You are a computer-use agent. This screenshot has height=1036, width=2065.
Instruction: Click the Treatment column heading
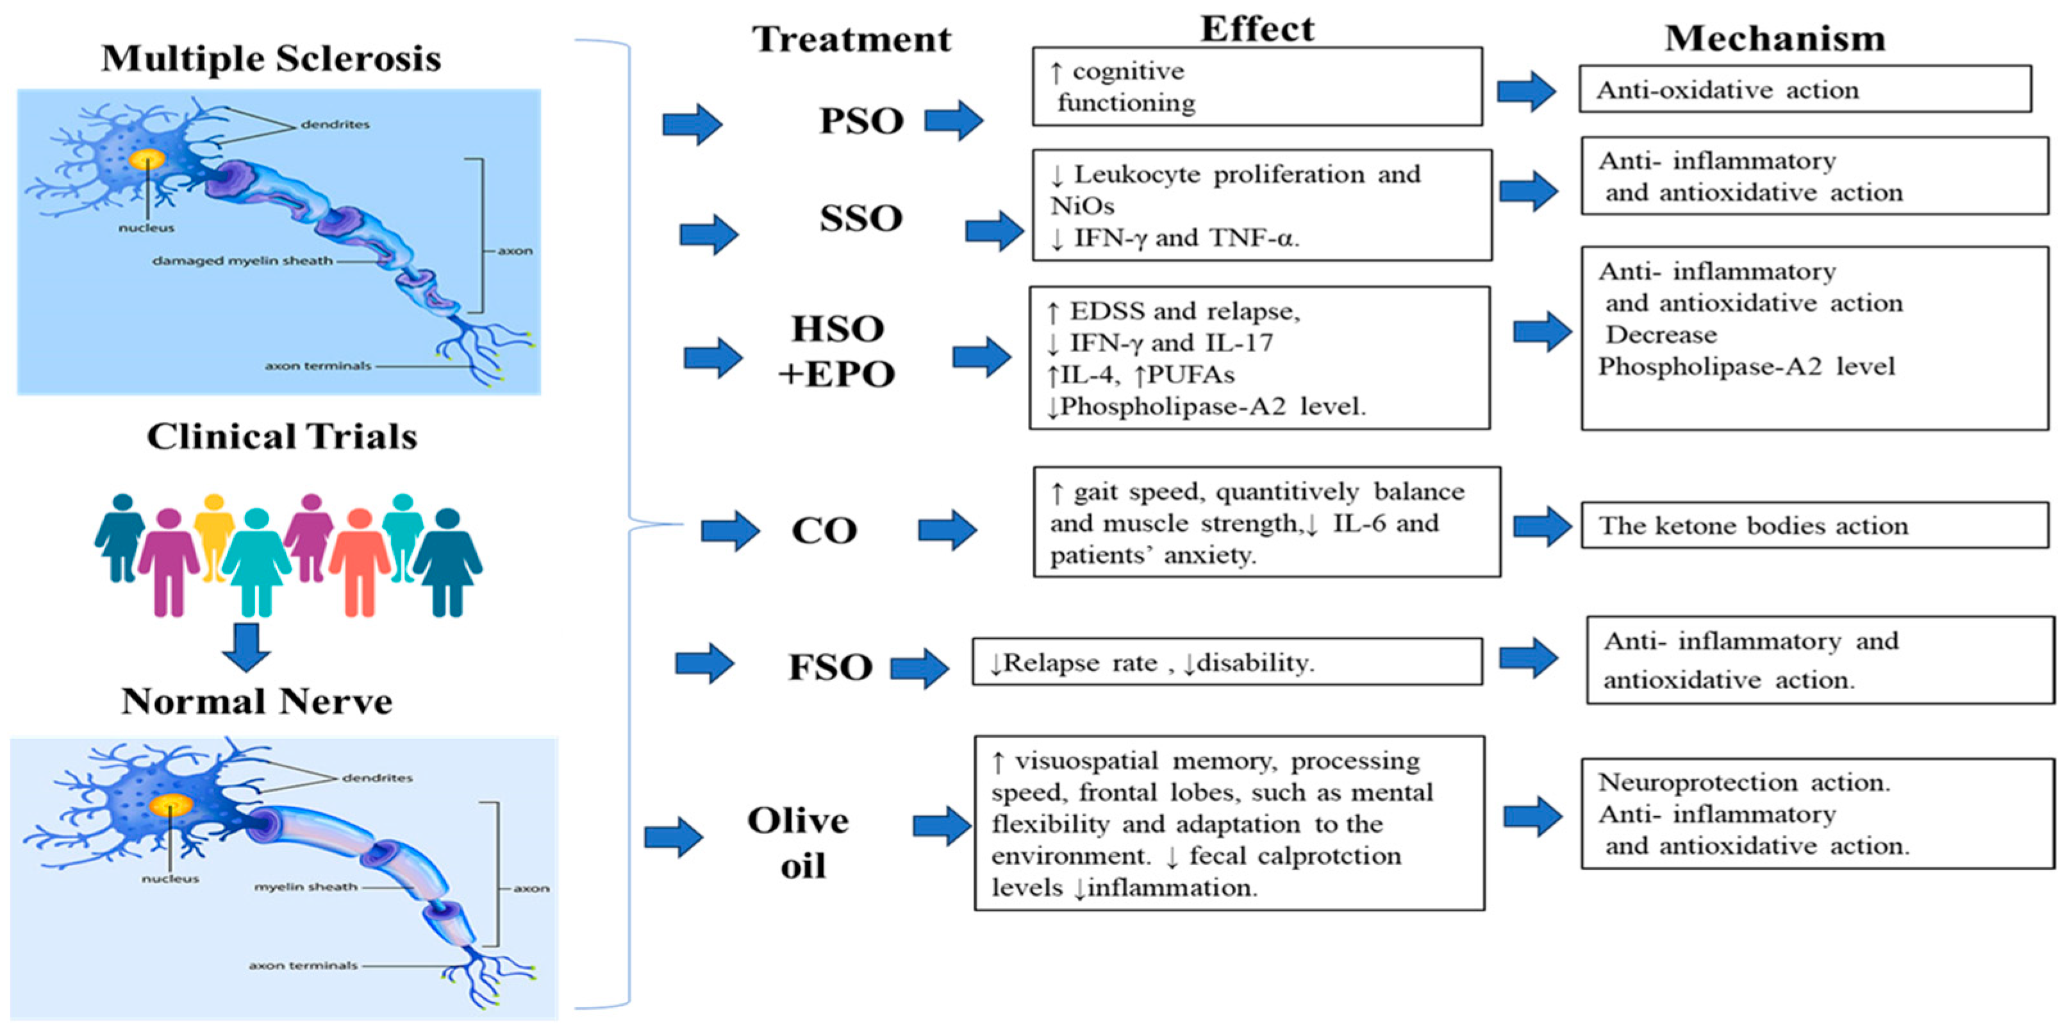pos(851,39)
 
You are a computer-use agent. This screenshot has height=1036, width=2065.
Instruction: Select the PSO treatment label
pos(861,121)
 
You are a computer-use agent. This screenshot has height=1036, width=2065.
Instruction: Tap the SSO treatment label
pos(861,218)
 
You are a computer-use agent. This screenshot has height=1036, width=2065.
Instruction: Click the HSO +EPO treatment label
pos(836,351)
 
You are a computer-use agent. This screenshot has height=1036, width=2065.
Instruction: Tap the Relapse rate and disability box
pos(1227,662)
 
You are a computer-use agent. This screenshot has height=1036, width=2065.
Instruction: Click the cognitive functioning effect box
pos(1256,87)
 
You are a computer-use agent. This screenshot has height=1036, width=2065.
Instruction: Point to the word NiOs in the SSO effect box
pos(1082,206)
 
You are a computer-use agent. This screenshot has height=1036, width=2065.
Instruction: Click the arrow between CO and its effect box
pos(947,530)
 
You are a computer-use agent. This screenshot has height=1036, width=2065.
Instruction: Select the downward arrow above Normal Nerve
pos(246,647)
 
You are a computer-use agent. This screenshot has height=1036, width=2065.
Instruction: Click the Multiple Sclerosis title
pos(271,58)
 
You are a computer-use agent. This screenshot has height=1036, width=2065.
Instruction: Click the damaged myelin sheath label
pos(242,261)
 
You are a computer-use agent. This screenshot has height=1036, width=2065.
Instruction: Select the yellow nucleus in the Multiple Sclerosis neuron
pos(147,160)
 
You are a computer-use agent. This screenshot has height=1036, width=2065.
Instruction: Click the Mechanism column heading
pos(1774,38)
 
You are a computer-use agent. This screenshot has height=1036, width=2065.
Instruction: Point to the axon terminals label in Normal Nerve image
pos(303,965)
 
